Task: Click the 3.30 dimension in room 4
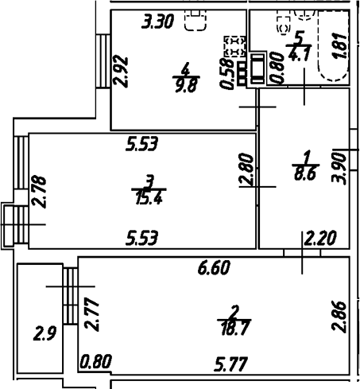(157, 21)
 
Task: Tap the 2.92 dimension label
(121, 71)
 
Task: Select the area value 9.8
(186, 85)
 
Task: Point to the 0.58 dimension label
(226, 74)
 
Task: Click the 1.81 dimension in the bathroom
(339, 46)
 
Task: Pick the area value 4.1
(300, 55)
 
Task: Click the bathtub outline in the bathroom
(333, 45)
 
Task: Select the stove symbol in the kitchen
(235, 47)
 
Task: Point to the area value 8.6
(305, 174)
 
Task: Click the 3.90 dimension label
(339, 168)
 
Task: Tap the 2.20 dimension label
(321, 239)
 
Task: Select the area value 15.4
(149, 198)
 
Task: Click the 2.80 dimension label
(246, 169)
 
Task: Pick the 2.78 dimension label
(39, 192)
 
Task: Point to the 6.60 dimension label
(215, 267)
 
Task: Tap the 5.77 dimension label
(231, 364)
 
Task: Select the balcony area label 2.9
(45, 333)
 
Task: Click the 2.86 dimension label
(339, 317)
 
